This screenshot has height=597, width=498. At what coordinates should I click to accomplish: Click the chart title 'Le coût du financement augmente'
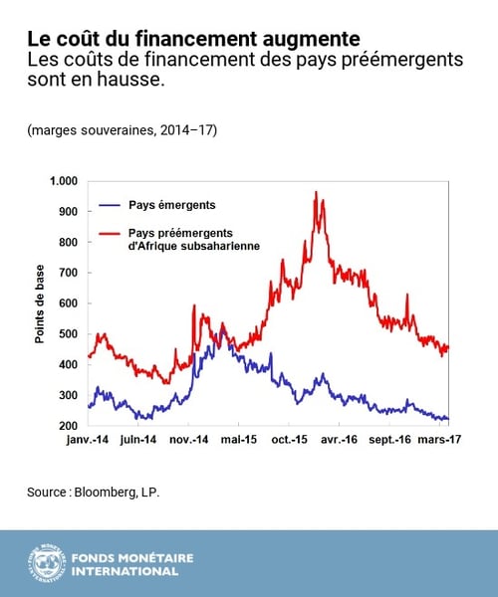coord(193,40)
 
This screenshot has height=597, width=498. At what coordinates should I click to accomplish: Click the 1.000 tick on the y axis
coord(62,181)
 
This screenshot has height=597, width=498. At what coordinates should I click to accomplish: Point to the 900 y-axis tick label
coord(67,212)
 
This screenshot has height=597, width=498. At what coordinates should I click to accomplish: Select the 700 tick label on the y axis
coord(67,273)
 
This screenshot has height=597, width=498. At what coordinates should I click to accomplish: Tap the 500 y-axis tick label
coord(67,333)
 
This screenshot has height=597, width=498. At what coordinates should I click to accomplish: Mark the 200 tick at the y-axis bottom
coord(67,425)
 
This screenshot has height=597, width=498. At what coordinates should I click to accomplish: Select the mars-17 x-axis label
coord(437,439)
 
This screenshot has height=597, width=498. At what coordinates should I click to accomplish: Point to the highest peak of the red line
coord(316,192)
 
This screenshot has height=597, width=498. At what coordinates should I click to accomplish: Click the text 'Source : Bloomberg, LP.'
coord(94,492)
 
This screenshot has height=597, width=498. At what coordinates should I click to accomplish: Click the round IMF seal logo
coord(47,563)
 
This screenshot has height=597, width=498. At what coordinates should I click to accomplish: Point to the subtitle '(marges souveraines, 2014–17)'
coord(123,130)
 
